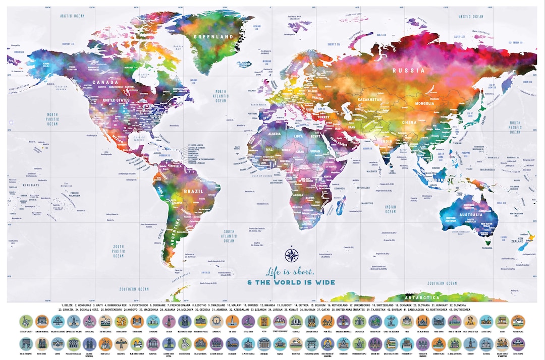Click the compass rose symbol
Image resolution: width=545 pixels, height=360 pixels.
[x=291, y=255]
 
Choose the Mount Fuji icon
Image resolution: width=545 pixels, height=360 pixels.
[x=296, y=343]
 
